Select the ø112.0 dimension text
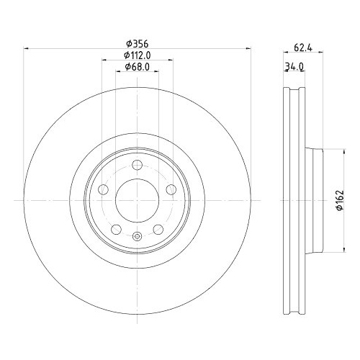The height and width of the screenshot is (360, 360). pyautogui.click(x=136, y=55)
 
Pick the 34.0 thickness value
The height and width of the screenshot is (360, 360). pyautogui.click(x=293, y=67)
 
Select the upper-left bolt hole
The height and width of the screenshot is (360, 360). pyautogui.click(x=104, y=189)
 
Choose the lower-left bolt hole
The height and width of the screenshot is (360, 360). pyautogui.click(x=116, y=228)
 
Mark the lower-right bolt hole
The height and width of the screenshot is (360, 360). pyautogui.click(x=157, y=228)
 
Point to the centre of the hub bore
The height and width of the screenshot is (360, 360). pyautogui.click(x=136, y=199)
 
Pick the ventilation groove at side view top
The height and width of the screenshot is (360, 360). pyautogui.click(x=290, y=97)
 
